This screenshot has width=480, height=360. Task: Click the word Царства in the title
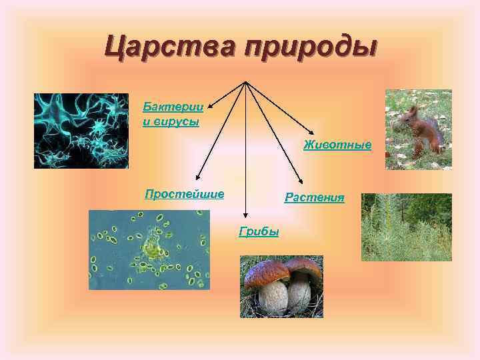tap(169, 47)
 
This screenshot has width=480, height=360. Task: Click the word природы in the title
tap(311, 49)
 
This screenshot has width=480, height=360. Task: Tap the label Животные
tap(337, 145)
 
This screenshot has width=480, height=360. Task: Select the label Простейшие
tap(185, 194)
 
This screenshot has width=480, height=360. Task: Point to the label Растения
tap(315, 197)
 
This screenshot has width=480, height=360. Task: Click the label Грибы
tap(259, 231)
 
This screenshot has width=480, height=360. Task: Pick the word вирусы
tap(176, 122)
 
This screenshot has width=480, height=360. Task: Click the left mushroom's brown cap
tap(266, 273)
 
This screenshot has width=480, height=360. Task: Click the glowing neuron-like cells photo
tap(81, 131)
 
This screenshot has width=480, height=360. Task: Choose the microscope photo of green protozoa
tap(149, 250)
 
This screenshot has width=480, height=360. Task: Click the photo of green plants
tap(406, 227)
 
